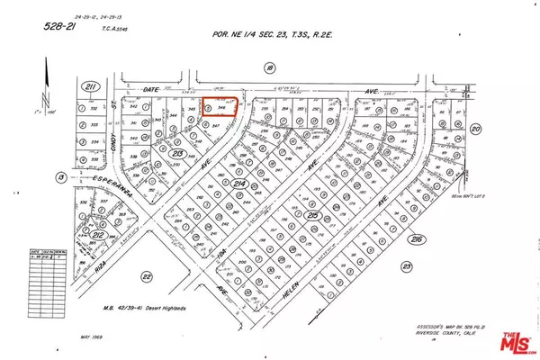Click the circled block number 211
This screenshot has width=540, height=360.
point(89,86)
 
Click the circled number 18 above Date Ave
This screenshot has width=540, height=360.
point(269,67)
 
